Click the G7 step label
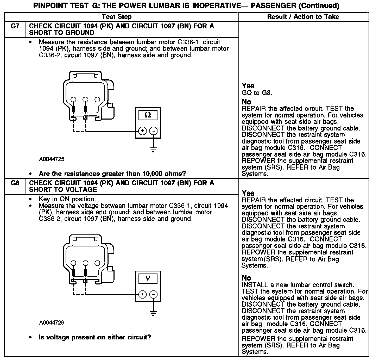(x=15, y=26)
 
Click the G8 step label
(x=15, y=183)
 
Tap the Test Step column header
(x=117, y=17)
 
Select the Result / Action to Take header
(x=303, y=17)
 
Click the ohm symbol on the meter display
(x=148, y=115)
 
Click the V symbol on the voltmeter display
(x=148, y=278)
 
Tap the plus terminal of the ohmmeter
(x=142, y=131)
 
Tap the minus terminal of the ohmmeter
(x=154, y=131)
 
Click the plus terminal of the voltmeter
(x=142, y=294)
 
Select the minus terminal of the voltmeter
(x=154, y=294)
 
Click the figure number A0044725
(x=52, y=159)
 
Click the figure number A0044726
(x=52, y=323)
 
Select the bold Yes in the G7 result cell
(x=248, y=86)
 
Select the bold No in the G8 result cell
(x=246, y=278)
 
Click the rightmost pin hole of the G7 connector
(x=97, y=99)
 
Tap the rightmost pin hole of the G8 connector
(x=97, y=263)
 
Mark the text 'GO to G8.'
(x=257, y=93)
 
